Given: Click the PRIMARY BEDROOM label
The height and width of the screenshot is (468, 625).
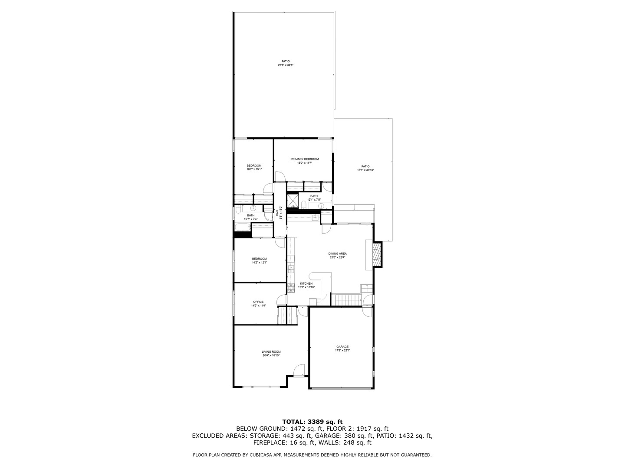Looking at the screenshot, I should (304, 159).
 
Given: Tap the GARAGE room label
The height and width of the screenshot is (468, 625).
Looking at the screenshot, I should (342, 347).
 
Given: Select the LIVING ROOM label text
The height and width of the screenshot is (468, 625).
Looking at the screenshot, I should (271, 351).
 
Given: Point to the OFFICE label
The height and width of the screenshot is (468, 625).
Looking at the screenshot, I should (258, 302).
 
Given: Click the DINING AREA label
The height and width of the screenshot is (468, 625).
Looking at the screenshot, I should (337, 253).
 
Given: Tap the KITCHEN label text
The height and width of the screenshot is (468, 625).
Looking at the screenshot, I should (306, 283).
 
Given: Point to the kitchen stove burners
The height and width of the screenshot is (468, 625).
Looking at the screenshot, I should (291, 287).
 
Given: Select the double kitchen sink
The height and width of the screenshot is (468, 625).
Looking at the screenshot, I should (291, 269).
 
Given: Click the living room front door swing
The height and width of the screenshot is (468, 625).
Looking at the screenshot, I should (299, 369).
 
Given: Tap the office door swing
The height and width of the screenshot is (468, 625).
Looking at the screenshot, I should (282, 299).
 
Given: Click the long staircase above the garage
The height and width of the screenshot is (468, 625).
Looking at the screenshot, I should (346, 299).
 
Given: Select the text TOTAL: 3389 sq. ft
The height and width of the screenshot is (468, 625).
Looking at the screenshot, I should (312, 421).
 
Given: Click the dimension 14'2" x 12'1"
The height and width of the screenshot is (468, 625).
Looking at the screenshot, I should (259, 262).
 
